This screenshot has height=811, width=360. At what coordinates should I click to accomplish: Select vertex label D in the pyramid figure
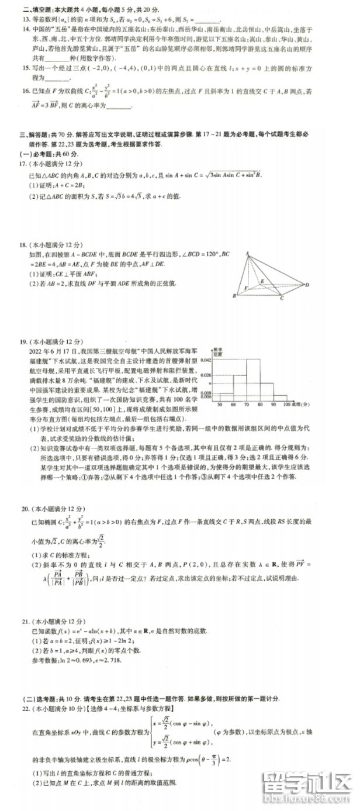tap(307, 285)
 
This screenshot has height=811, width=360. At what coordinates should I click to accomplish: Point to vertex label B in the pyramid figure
tap(234, 296)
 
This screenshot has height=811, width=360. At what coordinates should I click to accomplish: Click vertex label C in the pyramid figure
tap(281, 299)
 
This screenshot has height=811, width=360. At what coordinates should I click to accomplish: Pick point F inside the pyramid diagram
tap(246, 288)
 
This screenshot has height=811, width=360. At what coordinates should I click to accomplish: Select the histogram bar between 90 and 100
tap(280, 398)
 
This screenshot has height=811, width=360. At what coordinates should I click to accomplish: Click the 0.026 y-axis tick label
tap(206, 375)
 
